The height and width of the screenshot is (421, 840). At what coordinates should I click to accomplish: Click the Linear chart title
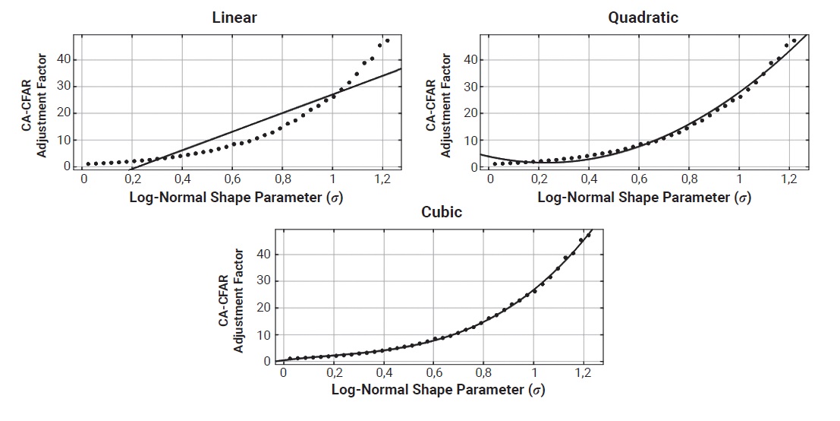click(234, 18)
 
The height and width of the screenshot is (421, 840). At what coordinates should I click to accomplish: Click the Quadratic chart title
click(643, 17)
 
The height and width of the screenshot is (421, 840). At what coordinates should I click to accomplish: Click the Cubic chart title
click(441, 212)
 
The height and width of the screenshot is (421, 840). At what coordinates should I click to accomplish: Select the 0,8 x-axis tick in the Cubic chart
click(484, 374)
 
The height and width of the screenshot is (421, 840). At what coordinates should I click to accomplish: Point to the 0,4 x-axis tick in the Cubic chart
click(384, 374)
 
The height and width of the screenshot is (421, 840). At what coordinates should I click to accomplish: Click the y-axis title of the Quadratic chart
click(439, 103)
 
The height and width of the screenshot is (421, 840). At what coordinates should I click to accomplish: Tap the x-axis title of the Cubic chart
click(438, 391)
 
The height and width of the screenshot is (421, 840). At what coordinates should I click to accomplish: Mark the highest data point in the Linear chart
click(387, 40)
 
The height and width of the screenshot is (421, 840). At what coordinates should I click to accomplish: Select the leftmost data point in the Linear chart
click(88, 163)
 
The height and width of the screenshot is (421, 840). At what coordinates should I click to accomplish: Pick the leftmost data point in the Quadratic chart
click(494, 163)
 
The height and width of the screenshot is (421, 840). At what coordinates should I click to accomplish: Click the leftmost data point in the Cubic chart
click(290, 359)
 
